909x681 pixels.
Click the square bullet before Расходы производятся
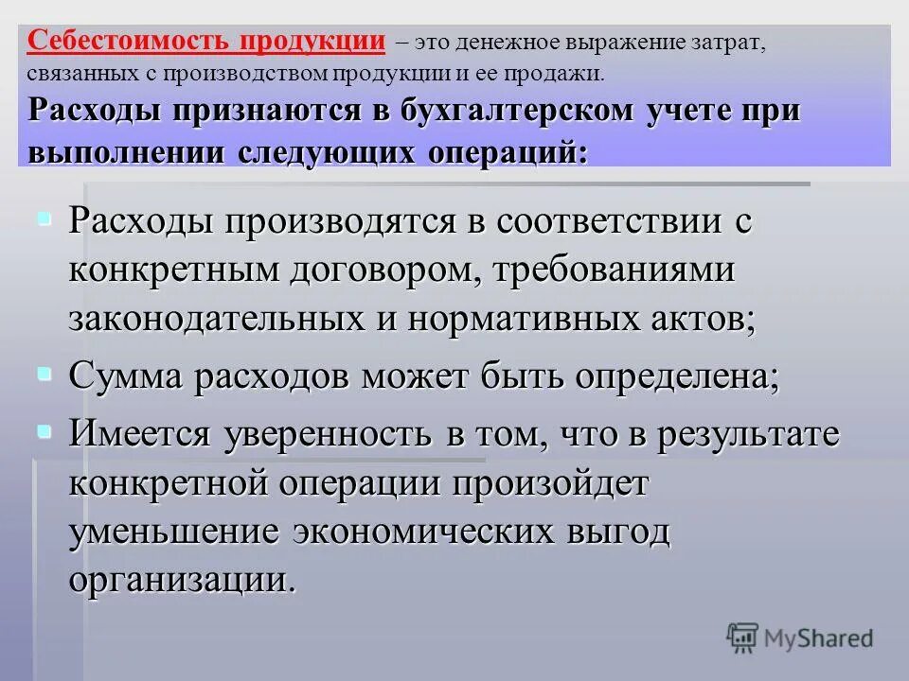pyautogui.click(x=44, y=219)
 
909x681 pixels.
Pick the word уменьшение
pyautogui.click(x=174, y=532)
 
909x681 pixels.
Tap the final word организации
pyautogui.click(x=182, y=578)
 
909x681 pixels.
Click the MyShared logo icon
pyautogui.click(x=743, y=637)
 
